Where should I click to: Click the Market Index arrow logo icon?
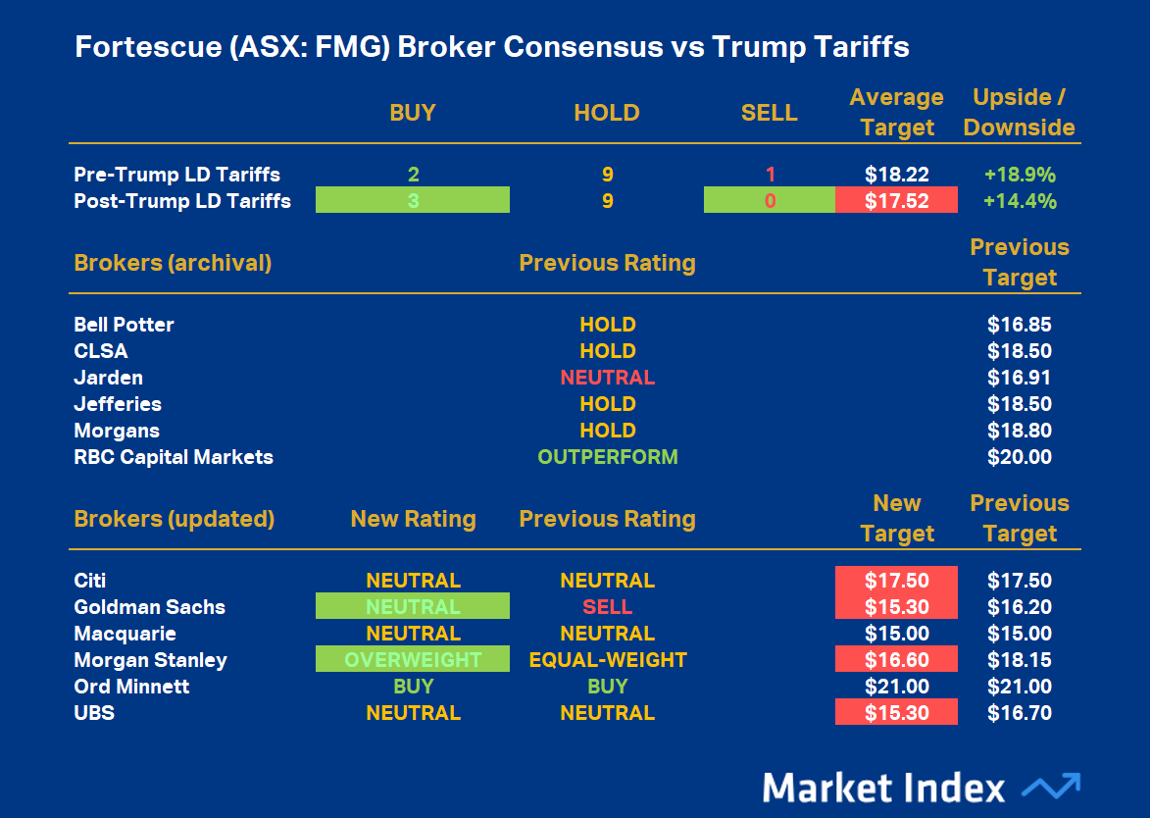tap(1050, 787)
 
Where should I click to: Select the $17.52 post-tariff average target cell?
tap(896, 201)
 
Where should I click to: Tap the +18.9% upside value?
tap(1020, 175)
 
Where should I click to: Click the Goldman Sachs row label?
tap(150, 607)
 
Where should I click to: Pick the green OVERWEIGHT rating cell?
tap(413, 660)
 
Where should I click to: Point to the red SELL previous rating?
tap(607, 607)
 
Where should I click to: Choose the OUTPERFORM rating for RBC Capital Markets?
tap(607, 457)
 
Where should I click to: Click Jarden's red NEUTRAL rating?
tap(607, 378)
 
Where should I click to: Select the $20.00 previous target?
tap(1020, 457)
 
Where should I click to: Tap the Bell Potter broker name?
tap(125, 325)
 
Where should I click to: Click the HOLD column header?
tap(607, 113)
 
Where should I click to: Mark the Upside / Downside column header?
tap(1020, 113)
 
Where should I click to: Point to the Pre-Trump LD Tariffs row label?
tap(177, 175)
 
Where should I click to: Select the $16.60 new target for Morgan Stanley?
tap(896, 660)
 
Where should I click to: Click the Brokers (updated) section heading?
tap(175, 519)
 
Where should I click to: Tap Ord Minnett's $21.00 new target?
tap(896, 687)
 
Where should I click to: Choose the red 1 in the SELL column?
tap(770, 175)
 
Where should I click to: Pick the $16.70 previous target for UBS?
tap(1020, 713)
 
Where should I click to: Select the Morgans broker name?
tap(117, 431)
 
